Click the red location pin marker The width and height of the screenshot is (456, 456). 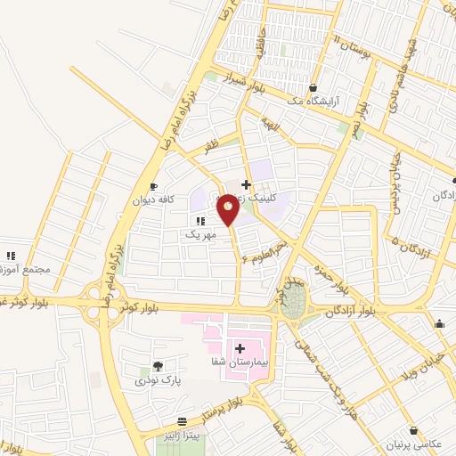229,211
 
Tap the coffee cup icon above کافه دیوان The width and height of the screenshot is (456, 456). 153,186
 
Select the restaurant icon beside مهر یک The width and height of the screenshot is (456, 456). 199,221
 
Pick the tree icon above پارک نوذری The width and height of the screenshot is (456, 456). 158,366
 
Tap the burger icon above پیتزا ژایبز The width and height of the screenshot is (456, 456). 183,421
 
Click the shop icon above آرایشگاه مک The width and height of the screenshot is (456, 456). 313,87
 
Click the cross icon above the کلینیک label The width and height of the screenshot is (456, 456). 246,185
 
